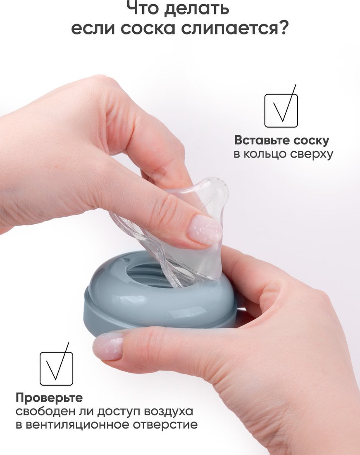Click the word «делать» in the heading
[196, 8]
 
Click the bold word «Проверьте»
[49, 398]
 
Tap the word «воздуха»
[168, 412]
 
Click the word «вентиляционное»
[77, 425]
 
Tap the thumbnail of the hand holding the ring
[109, 346]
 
